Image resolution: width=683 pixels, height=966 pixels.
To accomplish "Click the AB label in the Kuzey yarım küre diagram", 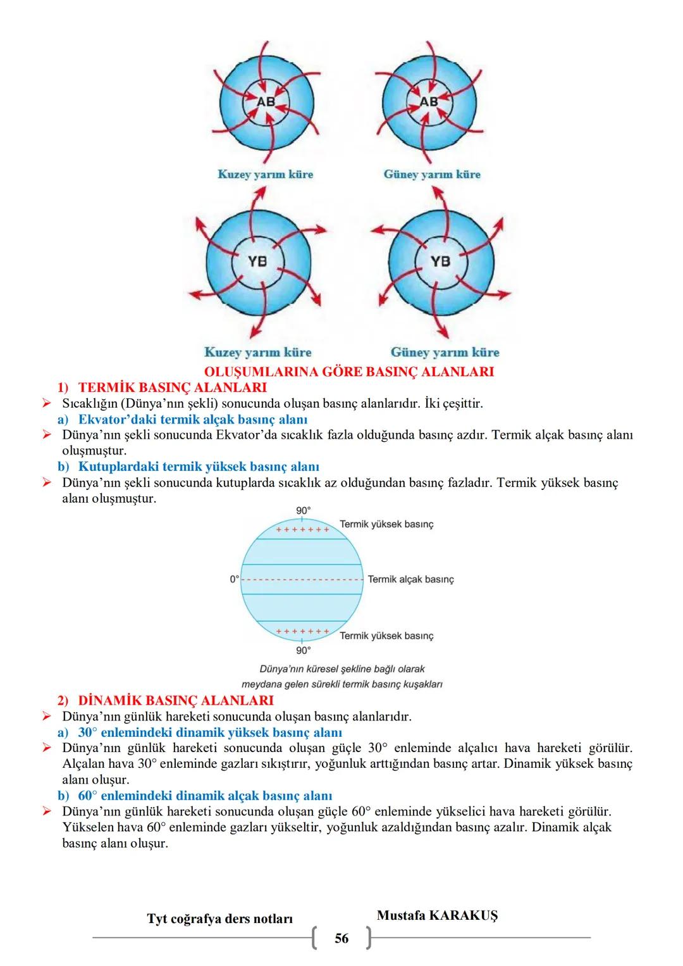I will [265, 101].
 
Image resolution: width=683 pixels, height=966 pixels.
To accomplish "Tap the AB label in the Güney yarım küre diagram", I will [429, 101].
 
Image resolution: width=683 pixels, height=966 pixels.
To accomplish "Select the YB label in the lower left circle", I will [257, 261].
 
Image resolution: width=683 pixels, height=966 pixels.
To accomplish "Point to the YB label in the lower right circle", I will [441, 261].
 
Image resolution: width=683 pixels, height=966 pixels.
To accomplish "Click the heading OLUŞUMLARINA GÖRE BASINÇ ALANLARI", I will [348, 372].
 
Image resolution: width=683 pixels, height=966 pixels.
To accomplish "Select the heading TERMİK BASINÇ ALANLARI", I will [172, 387].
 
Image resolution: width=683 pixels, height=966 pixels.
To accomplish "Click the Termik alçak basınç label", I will [410, 579].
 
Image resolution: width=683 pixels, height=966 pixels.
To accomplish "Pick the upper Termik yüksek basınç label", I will [386, 524].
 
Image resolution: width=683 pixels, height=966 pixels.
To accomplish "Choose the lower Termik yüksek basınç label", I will [386, 636].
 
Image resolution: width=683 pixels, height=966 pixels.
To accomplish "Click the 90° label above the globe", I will [304, 511].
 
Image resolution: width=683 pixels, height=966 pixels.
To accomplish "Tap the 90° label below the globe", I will [304, 650].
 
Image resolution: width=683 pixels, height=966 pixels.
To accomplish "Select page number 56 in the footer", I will [341, 939].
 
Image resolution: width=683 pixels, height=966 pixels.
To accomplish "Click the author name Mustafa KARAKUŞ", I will [437, 915].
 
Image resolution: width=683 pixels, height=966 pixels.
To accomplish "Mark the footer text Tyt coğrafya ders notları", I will [220, 919].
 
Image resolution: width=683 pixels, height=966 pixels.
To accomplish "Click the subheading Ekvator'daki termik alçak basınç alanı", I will [192, 419].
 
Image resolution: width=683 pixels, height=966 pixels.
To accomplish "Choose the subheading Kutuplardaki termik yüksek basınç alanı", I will [199, 467].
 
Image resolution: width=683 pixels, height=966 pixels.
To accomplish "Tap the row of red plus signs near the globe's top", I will [302, 529].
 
